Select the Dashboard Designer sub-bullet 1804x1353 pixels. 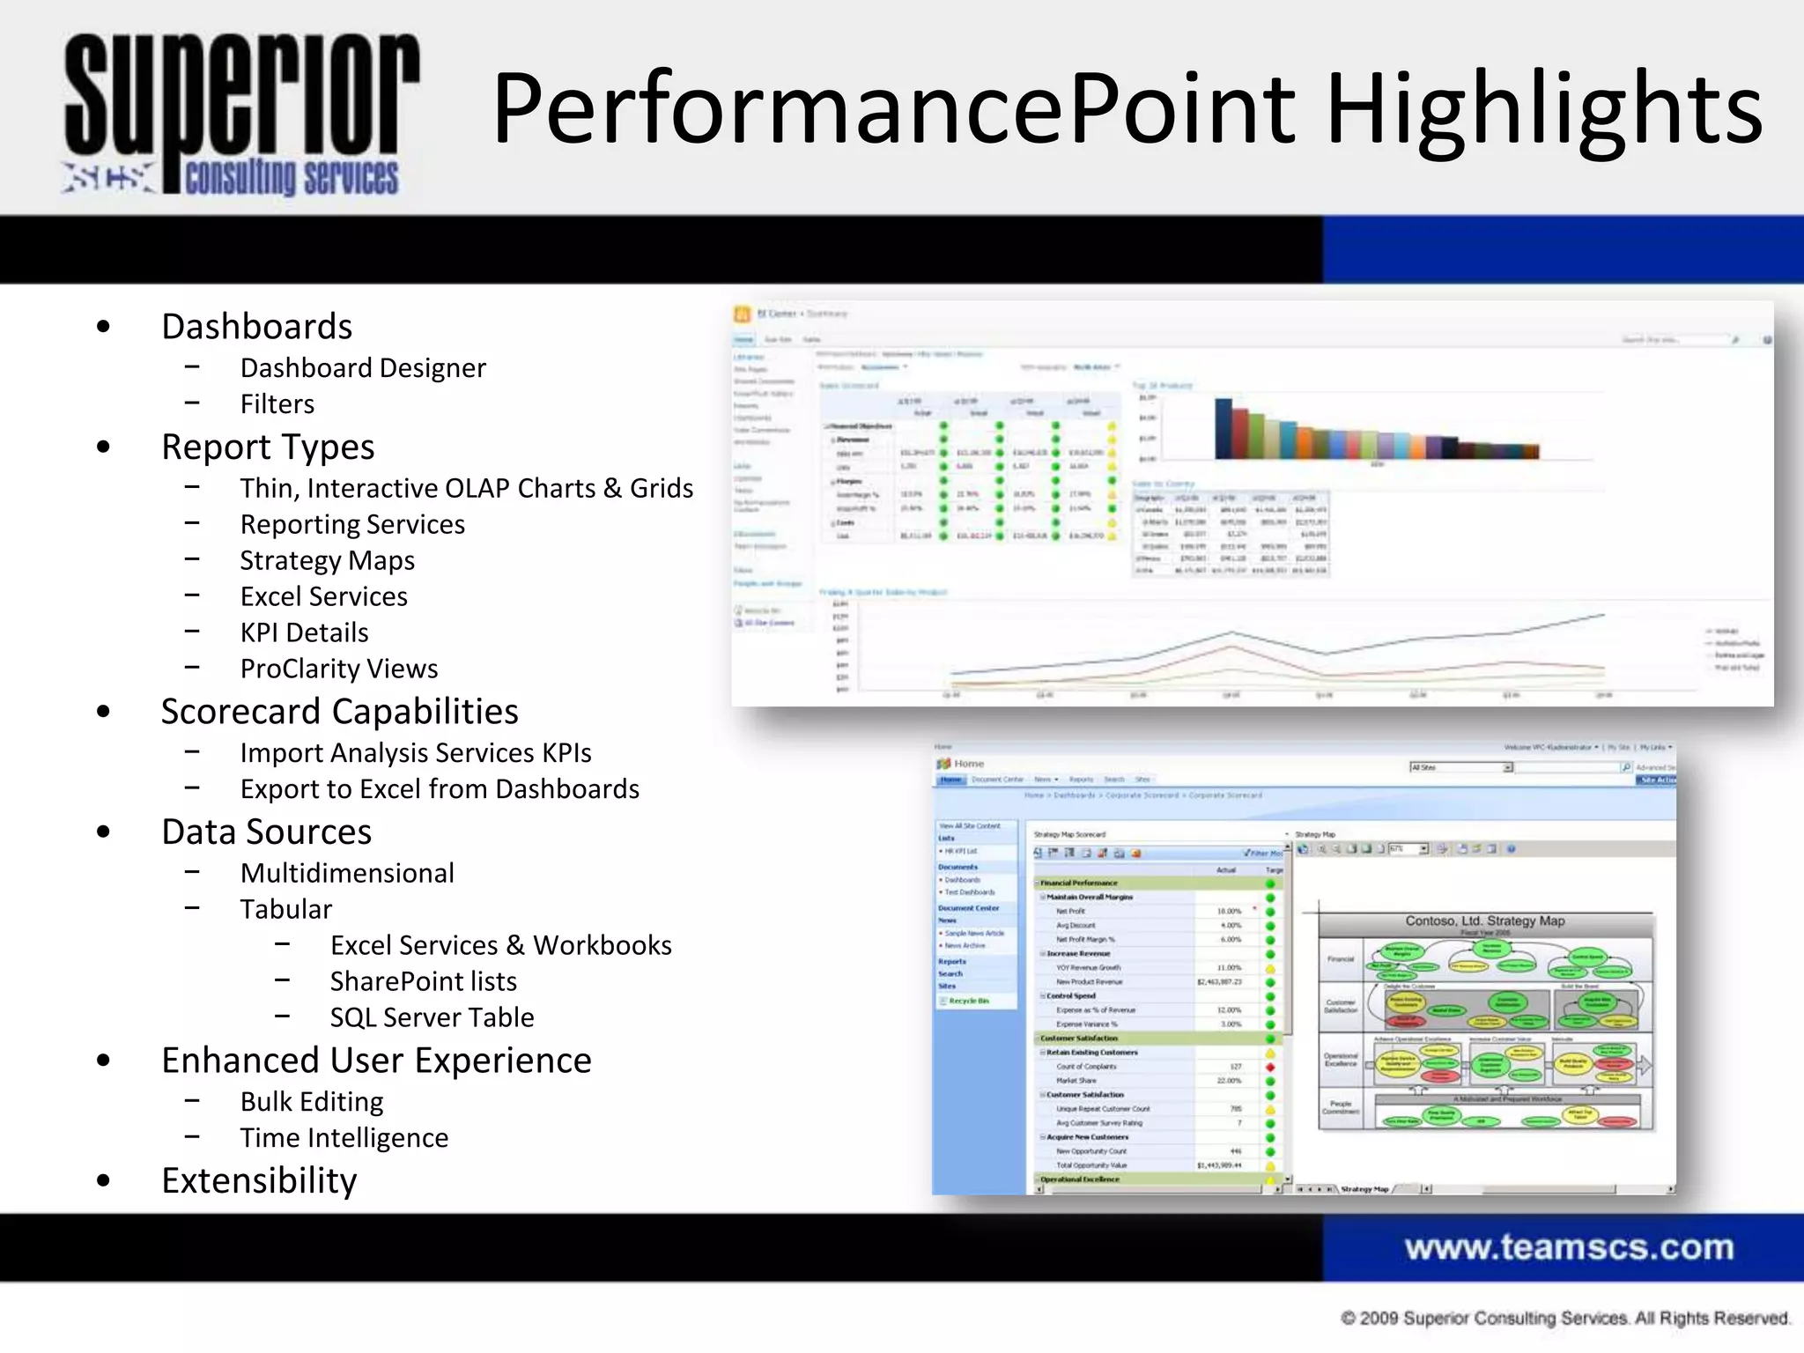coord(363,368)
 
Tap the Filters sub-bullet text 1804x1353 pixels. coord(277,404)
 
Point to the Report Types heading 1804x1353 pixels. coord(268,447)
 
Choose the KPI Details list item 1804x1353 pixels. coord(304,633)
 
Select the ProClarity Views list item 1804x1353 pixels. coord(339,669)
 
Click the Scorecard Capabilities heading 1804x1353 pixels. coord(339,712)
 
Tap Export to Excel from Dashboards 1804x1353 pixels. coord(440,789)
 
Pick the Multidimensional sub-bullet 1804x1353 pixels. coord(347,874)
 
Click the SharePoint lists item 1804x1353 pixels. coord(423,982)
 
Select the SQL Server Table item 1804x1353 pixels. coord(432,1018)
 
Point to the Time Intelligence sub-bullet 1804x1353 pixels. coord(344,1138)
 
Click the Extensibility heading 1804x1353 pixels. coord(259,1181)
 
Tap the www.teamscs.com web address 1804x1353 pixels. coord(1569,1247)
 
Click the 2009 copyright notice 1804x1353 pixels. coord(1564,1318)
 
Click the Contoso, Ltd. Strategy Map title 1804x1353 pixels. coord(1485,921)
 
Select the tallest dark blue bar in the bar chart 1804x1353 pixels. coord(1223,429)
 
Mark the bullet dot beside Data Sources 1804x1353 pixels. coord(104,832)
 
